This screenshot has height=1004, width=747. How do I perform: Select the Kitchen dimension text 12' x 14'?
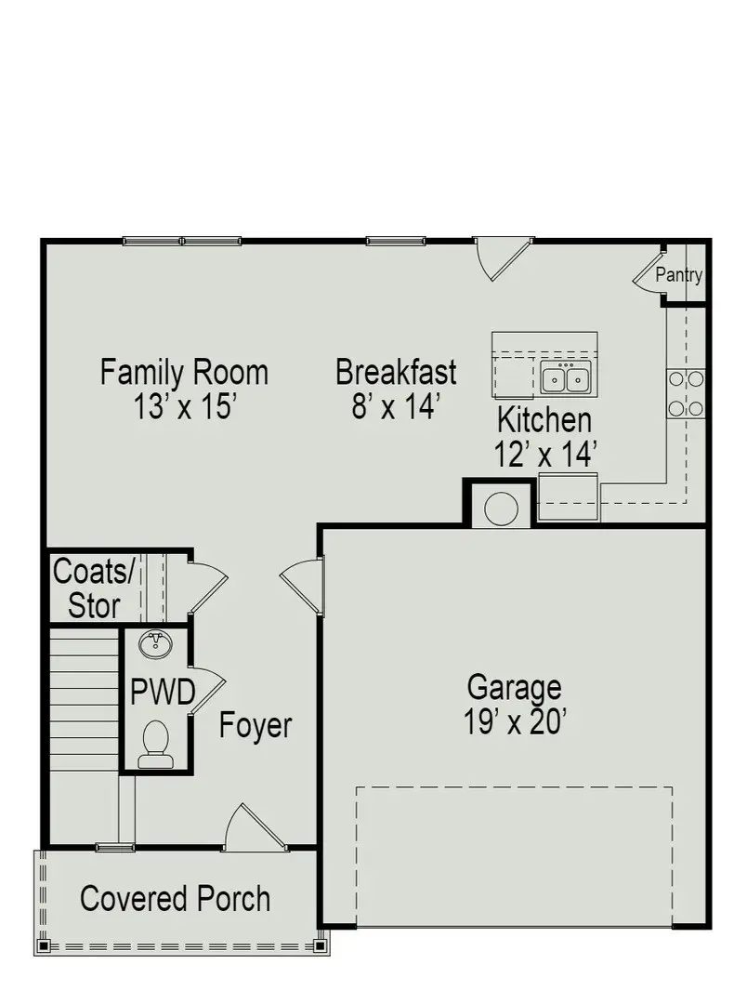click(x=544, y=454)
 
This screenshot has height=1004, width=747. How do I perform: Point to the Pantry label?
click(x=678, y=275)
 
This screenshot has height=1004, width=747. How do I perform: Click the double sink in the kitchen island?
click(x=566, y=379)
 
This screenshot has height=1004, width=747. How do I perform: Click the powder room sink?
click(x=154, y=643)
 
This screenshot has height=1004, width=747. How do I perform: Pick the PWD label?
click(x=162, y=694)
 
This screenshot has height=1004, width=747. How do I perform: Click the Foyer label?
click(x=256, y=725)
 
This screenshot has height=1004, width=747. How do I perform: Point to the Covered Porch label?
click(x=176, y=899)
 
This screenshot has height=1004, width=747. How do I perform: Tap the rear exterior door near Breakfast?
click(x=502, y=257)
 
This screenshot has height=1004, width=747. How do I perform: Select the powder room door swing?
click(x=206, y=689)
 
